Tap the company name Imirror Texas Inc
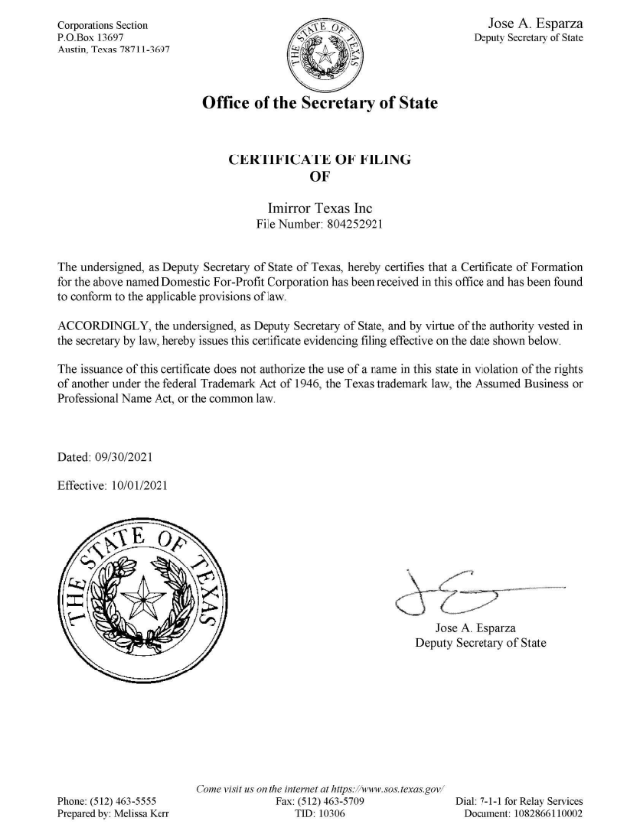point(320,209)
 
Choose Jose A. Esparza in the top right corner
point(536,22)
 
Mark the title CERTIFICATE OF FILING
point(321,160)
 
